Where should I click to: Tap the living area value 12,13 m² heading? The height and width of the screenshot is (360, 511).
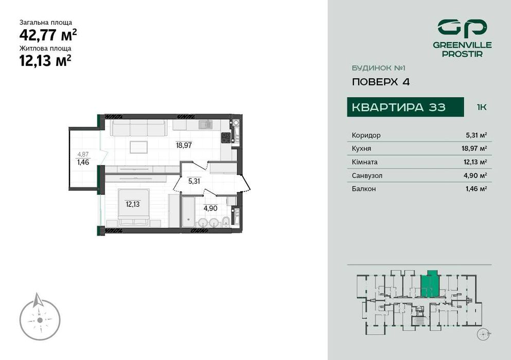[x=45, y=61]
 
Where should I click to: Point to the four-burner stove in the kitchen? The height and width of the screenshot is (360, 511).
[x=226, y=137]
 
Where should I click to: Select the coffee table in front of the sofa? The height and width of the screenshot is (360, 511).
[x=139, y=147]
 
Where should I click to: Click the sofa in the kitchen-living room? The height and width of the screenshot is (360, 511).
[x=138, y=127]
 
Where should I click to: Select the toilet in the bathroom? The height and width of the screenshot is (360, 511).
[x=225, y=222]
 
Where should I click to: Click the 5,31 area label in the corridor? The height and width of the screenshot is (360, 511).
[x=193, y=181]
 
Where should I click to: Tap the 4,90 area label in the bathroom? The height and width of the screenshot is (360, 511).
[x=209, y=208]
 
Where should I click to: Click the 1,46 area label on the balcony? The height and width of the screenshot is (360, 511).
[x=83, y=161]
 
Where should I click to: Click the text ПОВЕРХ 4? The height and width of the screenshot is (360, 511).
[x=381, y=81]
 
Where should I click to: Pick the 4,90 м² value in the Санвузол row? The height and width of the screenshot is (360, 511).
[x=476, y=175]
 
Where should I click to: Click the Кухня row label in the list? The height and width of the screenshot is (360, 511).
[x=361, y=149]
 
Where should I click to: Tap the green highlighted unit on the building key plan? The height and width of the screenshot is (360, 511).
[x=430, y=284]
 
